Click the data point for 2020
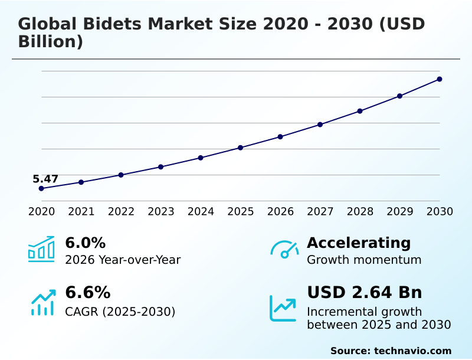41,188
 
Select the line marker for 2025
240,148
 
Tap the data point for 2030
440,79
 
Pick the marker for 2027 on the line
320,125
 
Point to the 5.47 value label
45,179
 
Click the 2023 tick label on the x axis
160,212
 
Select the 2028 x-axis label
360,212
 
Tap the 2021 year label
81,212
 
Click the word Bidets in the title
112,24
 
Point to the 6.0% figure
85,243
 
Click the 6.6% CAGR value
87,293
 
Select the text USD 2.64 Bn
364,293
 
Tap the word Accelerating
359,243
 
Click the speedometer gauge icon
284,249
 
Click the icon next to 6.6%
42,302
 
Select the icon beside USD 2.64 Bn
283,308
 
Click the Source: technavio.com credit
391,351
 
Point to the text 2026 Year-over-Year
123,260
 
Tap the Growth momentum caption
364,260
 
